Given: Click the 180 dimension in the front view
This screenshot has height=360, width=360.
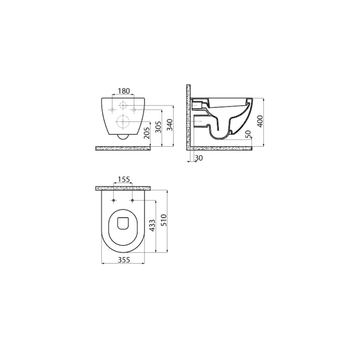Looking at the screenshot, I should click(x=123, y=91).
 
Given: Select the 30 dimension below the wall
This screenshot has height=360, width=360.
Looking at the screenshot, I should click(x=199, y=159).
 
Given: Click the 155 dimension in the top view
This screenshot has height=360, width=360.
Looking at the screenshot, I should click(x=123, y=180).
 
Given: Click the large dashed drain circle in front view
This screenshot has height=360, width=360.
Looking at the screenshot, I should click(x=123, y=122).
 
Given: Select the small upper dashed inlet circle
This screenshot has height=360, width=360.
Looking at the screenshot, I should click(x=123, y=105).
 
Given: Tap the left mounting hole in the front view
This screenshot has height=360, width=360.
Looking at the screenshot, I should click(x=112, y=110).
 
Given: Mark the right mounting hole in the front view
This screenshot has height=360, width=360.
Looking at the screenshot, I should click(x=134, y=110).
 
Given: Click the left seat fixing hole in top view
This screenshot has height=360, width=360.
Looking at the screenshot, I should click(x=114, y=200).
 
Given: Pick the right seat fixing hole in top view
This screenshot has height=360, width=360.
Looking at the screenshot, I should click(x=133, y=200).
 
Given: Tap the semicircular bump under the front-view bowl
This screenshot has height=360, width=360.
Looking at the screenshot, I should click(x=123, y=137).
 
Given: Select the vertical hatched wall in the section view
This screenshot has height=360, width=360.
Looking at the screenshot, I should click(x=188, y=116).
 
